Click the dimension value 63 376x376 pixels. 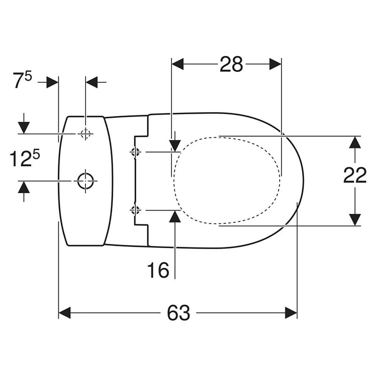coord(179,313)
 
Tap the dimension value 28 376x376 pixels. coord(231,64)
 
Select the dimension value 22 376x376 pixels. coord(355,175)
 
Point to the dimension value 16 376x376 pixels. coord(158,270)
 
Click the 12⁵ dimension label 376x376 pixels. coord(24,158)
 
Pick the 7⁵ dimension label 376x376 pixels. coord(22,80)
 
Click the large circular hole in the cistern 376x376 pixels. coord(86,181)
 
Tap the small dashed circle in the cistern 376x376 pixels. coord(86,133)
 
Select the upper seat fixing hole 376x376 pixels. coord(135,152)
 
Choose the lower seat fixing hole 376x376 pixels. coord(135,210)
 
